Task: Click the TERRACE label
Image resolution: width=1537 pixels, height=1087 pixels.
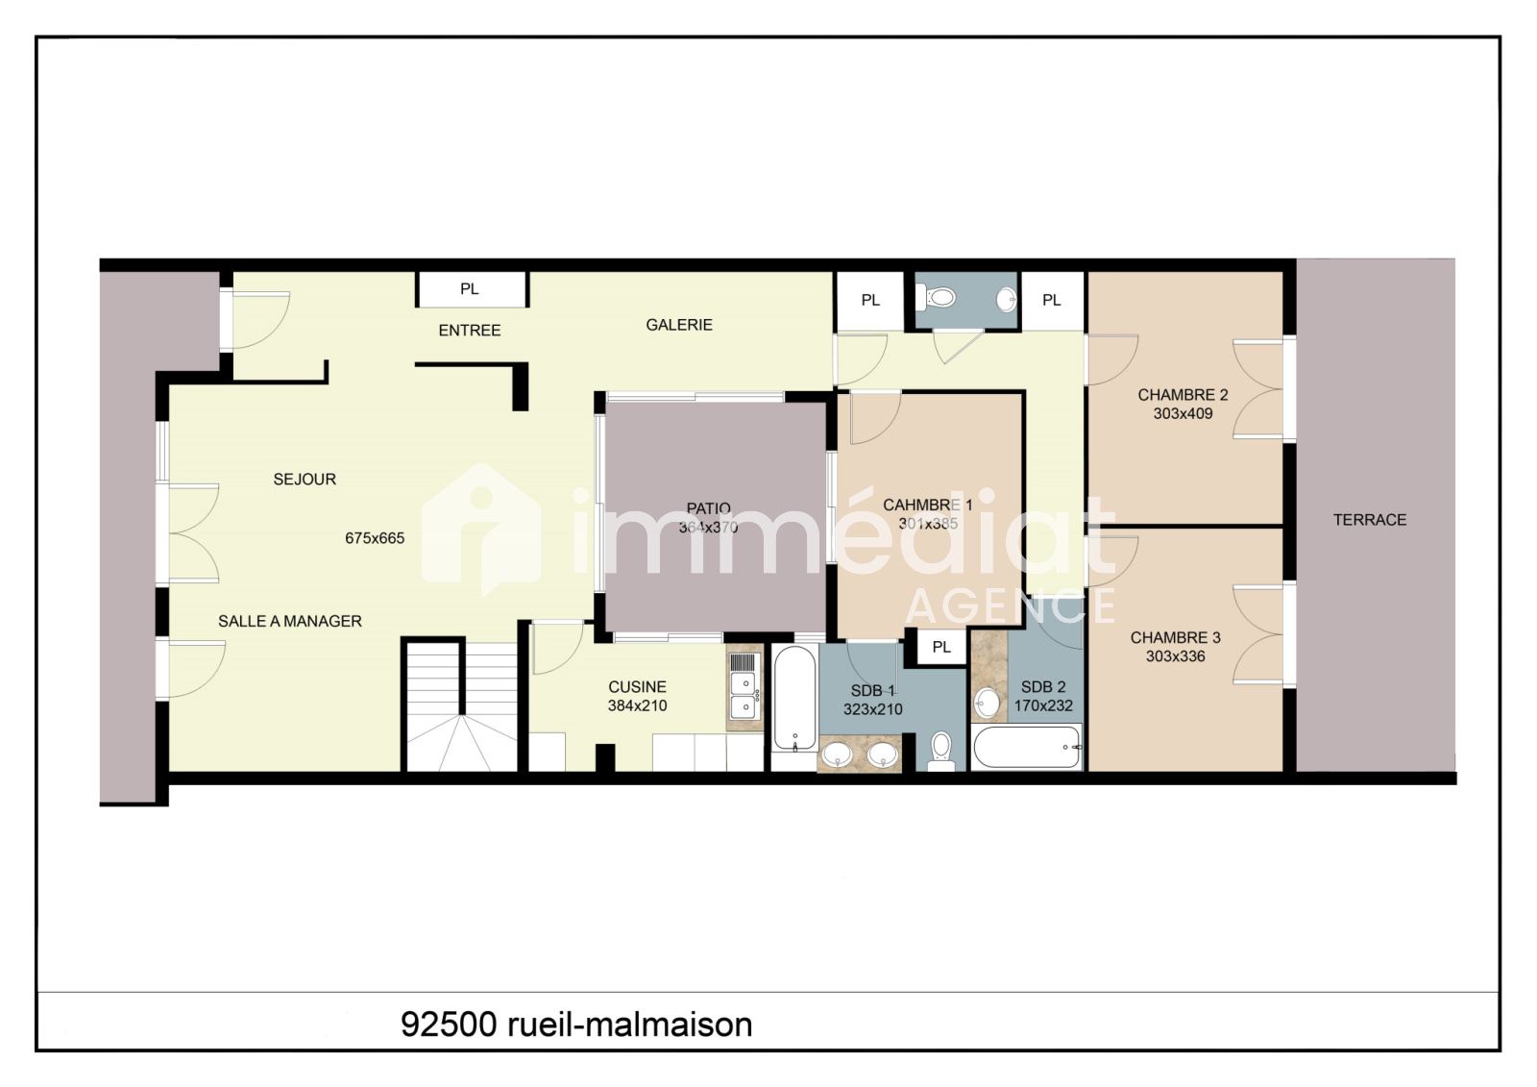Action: click(x=1370, y=520)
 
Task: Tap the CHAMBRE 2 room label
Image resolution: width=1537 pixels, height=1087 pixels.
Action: click(x=1183, y=395)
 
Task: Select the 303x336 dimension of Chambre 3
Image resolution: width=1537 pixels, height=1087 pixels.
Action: click(x=1176, y=656)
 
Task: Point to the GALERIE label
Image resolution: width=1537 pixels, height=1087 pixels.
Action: click(x=679, y=325)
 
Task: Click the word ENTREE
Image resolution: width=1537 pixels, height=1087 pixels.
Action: click(x=470, y=331)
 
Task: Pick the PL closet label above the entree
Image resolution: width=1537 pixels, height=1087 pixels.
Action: click(x=470, y=289)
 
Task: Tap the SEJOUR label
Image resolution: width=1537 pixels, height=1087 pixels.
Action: click(x=305, y=480)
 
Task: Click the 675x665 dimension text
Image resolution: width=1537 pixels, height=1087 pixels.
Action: click(x=375, y=538)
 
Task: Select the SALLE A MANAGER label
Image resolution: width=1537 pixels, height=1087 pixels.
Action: click(x=289, y=622)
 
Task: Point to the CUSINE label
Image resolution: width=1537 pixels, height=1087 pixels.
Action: click(x=638, y=686)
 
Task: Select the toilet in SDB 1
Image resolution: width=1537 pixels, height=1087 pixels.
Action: click(x=941, y=752)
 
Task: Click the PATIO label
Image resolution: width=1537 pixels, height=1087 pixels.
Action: click(x=709, y=508)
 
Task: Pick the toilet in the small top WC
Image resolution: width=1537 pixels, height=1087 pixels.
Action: click(x=936, y=298)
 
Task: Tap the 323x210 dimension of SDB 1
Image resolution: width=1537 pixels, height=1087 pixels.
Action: click(x=873, y=709)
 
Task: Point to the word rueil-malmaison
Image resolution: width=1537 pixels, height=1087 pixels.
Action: click(x=630, y=1025)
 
